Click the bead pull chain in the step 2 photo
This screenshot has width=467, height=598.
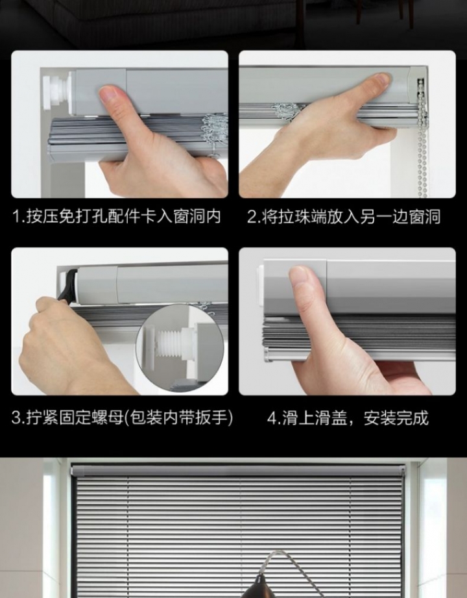pyautogui.click(x=422, y=137)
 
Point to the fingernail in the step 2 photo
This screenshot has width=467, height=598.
pyautogui.click(x=379, y=79)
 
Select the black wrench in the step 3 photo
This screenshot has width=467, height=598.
pyautogui.click(x=69, y=286)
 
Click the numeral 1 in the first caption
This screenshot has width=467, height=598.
pyautogui.click(x=17, y=217)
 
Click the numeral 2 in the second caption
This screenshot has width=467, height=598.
pyautogui.click(x=252, y=217)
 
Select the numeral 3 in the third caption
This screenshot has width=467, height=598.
pyautogui.click(x=17, y=417)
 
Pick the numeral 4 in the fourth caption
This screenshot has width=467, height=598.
pyautogui.click(x=272, y=418)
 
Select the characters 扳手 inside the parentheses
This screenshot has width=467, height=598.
pyautogui.click(x=211, y=417)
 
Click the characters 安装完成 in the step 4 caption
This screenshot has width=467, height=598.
pyautogui.click(x=396, y=418)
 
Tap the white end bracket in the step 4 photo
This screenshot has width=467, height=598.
pyautogui.click(x=260, y=287)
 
